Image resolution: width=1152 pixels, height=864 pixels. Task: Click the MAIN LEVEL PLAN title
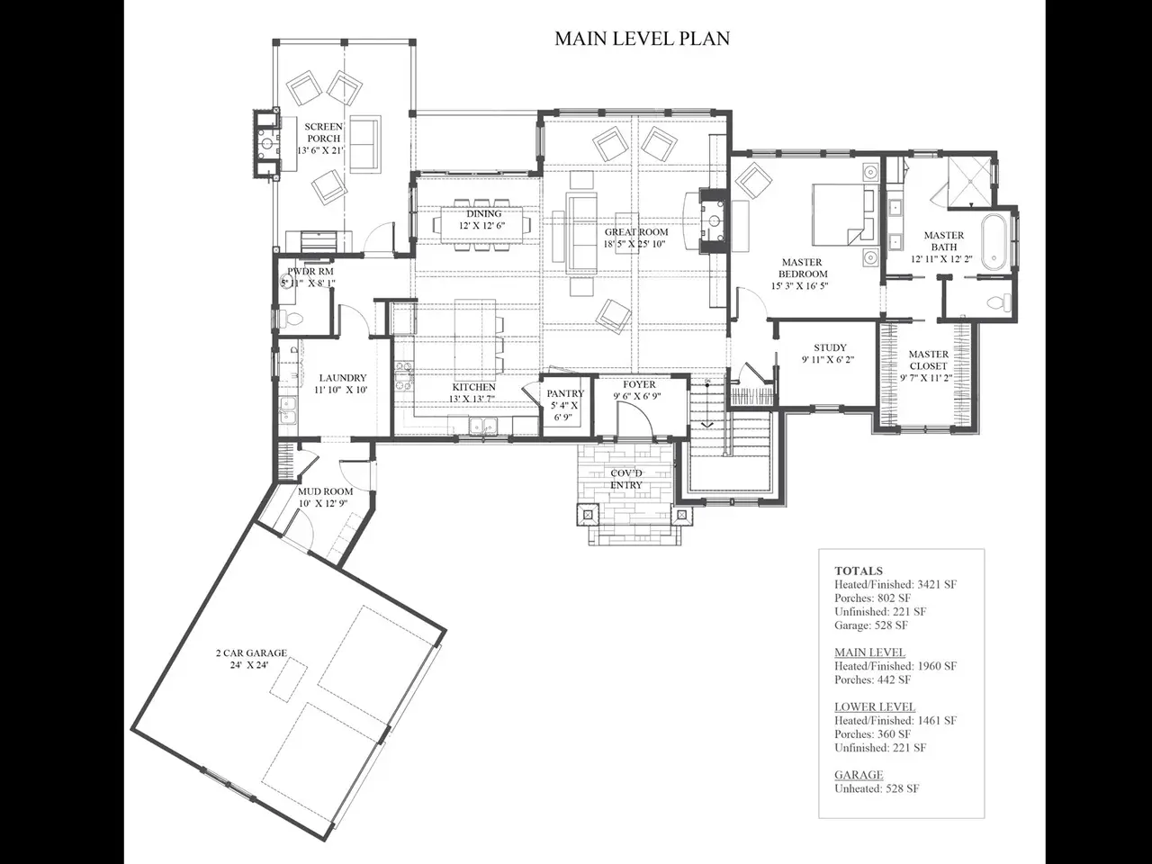pyautogui.click(x=642, y=39)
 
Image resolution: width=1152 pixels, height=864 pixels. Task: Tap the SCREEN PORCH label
pyautogui.click(x=323, y=132)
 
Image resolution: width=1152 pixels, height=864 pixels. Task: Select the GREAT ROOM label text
pyautogui.click(x=636, y=232)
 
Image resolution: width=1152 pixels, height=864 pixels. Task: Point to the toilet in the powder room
pyautogui.click(x=292, y=318)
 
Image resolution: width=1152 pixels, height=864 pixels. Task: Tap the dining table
pyautogui.click(x=481, y=224)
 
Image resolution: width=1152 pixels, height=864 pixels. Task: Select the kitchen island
pyautogui.click(x=475, y=341)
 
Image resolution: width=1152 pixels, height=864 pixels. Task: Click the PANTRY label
pyautogui.click(x=565, y=393)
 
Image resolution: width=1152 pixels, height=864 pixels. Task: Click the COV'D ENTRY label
pyautogui.click(x=626, y=479)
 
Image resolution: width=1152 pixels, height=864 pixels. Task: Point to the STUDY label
pyautogui.click(x=830, y=347)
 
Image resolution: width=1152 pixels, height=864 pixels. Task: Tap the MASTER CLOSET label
pyautogui.click(x=929, y=360)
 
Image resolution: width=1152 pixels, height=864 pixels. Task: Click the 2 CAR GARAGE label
pyautogui.click(x=251, y=653)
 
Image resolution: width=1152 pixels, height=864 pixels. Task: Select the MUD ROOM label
pyautogui.click(x=326, y=491)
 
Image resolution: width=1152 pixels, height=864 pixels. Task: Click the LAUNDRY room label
pyautogui.click(x=343, y=378)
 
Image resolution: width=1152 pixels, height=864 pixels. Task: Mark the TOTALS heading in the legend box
pyautogui.click(x=859, y=571)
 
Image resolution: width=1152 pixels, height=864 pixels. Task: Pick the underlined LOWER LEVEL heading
pyautogui.click(x=875, y=706)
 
